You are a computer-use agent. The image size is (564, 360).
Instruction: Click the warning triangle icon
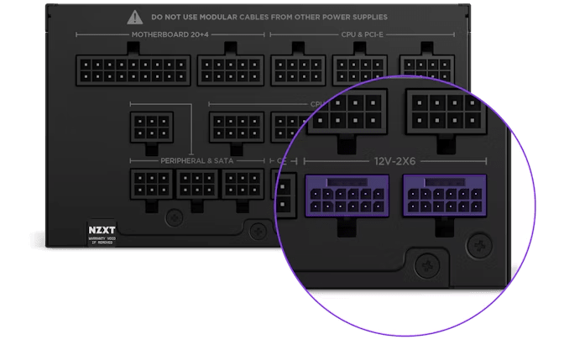135,16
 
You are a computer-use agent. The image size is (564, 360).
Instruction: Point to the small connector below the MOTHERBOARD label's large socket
152,127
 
